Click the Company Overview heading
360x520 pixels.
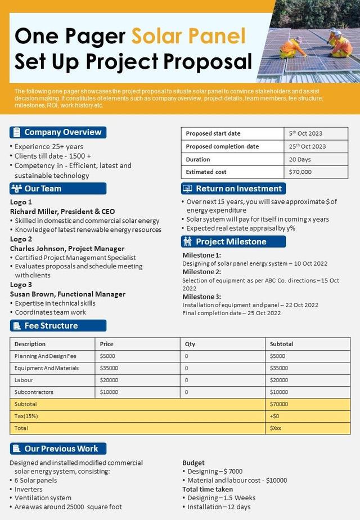[62, 132]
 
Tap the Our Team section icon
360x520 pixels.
[16, 189]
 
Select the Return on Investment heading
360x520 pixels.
[238, 189]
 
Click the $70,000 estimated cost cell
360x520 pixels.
[300, 172]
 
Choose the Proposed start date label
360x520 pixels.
[213, 133]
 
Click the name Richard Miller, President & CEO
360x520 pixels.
[62, 212]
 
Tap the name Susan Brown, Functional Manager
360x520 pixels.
[67, 294]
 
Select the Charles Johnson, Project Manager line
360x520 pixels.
[67, 248]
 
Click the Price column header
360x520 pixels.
[107, 344]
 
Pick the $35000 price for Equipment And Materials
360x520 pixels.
[109, 368]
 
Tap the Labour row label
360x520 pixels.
[24, 380]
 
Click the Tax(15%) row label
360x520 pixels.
[26, 416]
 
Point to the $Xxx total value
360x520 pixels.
[276, 428]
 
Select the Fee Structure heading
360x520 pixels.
[51, 325]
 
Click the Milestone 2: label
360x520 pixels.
[202, 272]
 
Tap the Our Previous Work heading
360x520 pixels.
[61, 449]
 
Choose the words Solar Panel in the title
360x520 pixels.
[188, 36]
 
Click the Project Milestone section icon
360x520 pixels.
[187, 241]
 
